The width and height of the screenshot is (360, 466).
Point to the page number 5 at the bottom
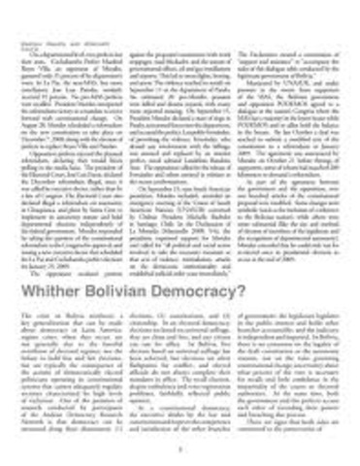(180, 449)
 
